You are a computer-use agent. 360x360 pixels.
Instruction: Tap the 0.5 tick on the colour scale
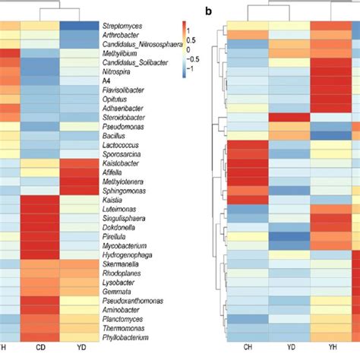(x=194, y=47)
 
